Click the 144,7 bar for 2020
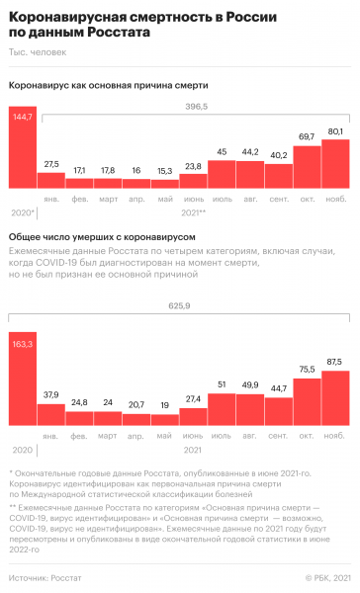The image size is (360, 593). tap(23, 148)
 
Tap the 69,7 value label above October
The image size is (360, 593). tap(307, 135)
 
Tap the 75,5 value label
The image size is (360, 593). tap(307, 341)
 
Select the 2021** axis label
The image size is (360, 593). tap(194, 212)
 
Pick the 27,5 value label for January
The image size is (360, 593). tap(51, 163)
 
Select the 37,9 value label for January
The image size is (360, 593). tap(51, 367)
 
